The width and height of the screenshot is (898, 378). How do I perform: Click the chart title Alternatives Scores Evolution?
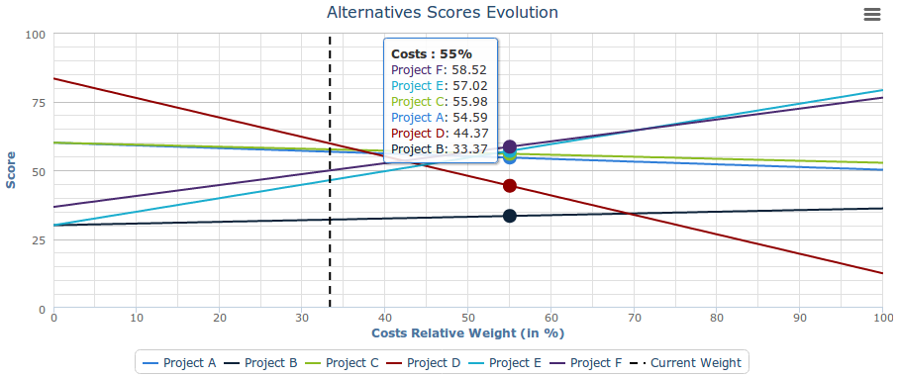click(442, 13)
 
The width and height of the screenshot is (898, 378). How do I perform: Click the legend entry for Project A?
click(179, 362)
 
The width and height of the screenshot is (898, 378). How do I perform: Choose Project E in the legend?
click(506, 362)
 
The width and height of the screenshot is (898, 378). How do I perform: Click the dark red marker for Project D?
click(510, 186)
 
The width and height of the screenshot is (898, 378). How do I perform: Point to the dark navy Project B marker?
click(510, 216)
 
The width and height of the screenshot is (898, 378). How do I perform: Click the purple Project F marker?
click(510, 146)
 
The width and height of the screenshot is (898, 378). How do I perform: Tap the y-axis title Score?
click(12, 170)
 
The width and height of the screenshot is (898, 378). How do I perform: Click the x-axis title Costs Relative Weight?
click(467, 333)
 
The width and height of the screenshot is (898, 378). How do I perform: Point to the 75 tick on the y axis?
click(37, 102)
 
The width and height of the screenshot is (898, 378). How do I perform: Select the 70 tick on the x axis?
click(634, 318)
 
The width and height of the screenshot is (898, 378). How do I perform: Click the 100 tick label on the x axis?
click(881, 318)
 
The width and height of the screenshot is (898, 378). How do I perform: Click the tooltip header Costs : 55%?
click(432, 53)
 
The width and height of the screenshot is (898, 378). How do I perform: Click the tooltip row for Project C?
click(439, 102)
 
